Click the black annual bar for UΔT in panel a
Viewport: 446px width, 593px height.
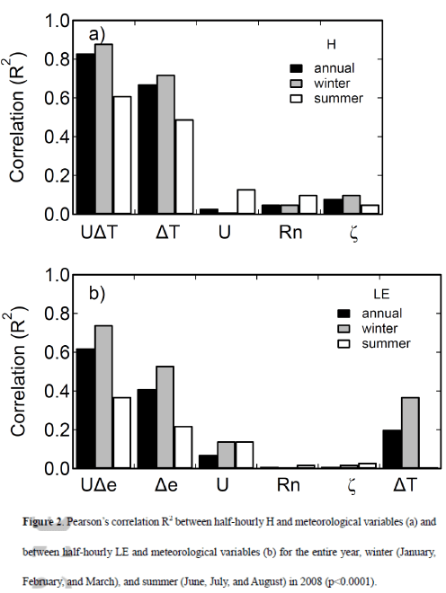click(x=85, y=134)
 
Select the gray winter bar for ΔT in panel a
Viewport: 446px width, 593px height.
click(x=166, y=145)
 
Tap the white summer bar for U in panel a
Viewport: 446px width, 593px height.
click(x=245, y=202)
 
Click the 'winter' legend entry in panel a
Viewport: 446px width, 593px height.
click(x=334, y=83)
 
